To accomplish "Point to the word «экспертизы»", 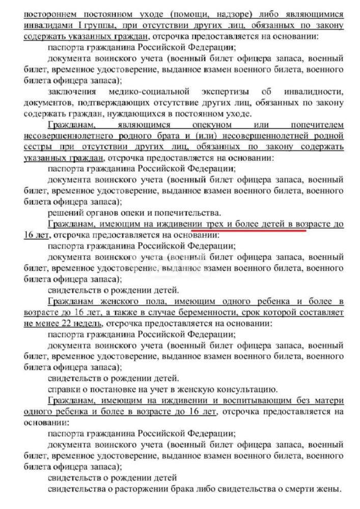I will (213, 92).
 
